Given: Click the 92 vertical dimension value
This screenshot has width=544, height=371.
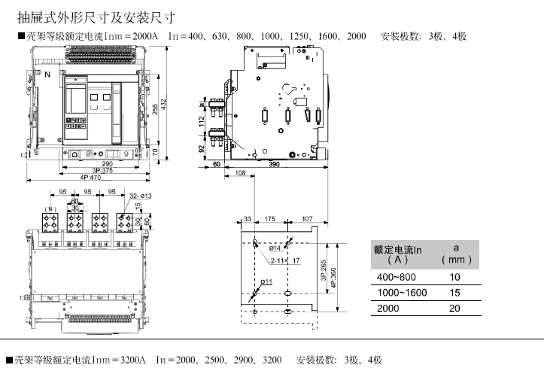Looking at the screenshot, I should (x=202, y=148).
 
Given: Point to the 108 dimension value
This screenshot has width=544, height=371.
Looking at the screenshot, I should (x=240, y=174).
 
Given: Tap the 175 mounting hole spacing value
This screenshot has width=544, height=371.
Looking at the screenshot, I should (x=269, y=220).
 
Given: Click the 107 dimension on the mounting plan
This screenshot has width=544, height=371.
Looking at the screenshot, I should (x=306, y=220).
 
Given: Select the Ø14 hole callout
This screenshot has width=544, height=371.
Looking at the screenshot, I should (x=275, y=248).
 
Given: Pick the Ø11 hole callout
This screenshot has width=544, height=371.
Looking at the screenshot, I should (x=266, y=281).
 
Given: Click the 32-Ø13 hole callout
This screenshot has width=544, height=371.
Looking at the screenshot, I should (x=141, y=196).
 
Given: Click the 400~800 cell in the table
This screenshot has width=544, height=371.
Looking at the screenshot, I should (x=394, y=278).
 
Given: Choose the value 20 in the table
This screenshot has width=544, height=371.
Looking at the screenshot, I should (x=454, y=309).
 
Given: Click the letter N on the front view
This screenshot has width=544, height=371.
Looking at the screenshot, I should (x=48, y=75).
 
